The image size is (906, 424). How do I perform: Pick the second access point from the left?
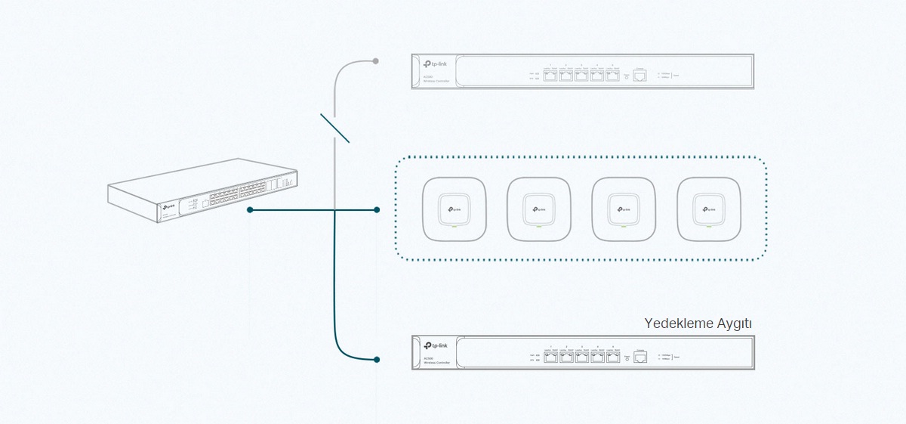pyautogui.click(x=538, y=208)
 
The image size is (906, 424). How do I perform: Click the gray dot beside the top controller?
pyautogui.click(x=376, y=60)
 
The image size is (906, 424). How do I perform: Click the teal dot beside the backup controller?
pyautogui.click(x=377, y=359)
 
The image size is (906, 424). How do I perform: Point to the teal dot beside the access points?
pyautogui.click(x=377, y=209)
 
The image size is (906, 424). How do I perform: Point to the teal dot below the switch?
pyautogui.click(x=249, y=209)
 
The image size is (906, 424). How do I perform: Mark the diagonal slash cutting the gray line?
pyautogui.click(x=334, y=128)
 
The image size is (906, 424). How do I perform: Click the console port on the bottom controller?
pyautogui.click(x=639, y=357)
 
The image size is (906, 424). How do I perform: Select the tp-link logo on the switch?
pyautogui.click(x=168, y=206)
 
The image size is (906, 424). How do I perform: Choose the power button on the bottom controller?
pyautogui.click(x=626, y=357)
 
